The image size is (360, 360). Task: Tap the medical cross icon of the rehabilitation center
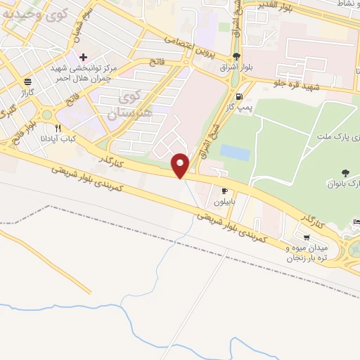click(83, 56)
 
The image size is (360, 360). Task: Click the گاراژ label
click(27, 92)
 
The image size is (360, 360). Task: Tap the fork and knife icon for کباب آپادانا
click(58, 129)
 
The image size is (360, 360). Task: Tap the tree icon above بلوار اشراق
click(236, 58)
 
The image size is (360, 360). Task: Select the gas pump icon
click(240, 96)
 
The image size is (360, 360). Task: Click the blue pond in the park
click(234, 151)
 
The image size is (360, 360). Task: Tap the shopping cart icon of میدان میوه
click(306, 237)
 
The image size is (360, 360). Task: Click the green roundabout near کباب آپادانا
click(47, 115)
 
